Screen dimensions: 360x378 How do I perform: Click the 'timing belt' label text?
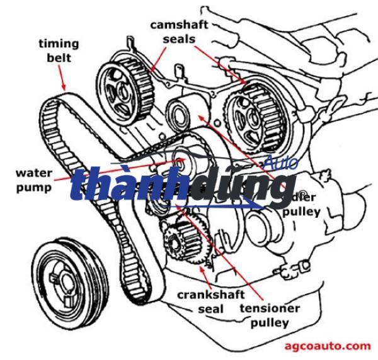[59, 50]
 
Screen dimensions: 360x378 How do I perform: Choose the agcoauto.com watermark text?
[328, 346]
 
